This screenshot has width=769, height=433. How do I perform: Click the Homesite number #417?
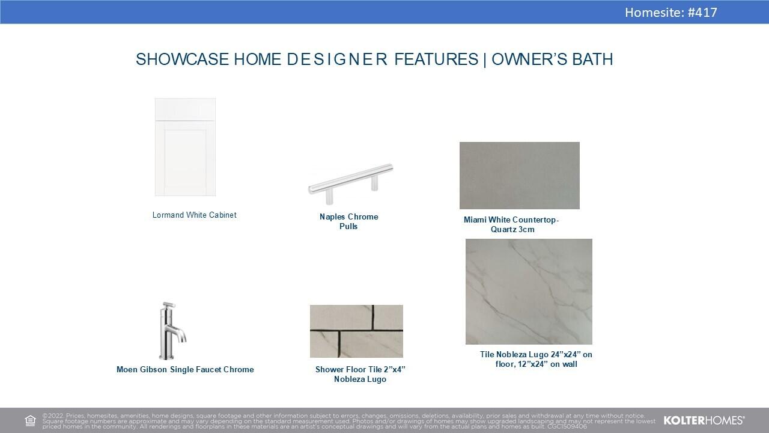pos(702,13)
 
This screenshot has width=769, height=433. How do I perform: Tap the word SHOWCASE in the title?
pos(182,59)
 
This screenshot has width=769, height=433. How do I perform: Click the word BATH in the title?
pos(592,59)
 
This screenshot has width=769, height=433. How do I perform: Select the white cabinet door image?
pos(186,147)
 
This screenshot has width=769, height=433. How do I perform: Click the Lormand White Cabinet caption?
pos(194,215)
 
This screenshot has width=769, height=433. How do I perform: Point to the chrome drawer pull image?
pos(350,183)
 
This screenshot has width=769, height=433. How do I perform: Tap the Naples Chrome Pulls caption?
pos(349,222)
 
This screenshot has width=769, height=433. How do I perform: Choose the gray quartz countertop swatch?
pos(520,175)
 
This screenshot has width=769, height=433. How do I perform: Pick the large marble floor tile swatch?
pos(529,292)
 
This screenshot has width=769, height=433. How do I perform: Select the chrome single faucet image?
pos(172,331)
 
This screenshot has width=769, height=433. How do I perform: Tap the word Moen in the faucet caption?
pos(127,369)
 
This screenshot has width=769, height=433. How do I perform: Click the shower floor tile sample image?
pos(356,331)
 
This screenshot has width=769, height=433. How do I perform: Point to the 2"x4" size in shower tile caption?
pos(395,369)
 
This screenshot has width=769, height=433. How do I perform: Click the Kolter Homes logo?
pos(704,420)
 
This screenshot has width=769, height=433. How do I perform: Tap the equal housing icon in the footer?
pos(30,420)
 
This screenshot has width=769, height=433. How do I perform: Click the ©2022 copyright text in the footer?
pos(53,416)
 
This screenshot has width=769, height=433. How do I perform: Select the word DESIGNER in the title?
pos(337,59)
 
